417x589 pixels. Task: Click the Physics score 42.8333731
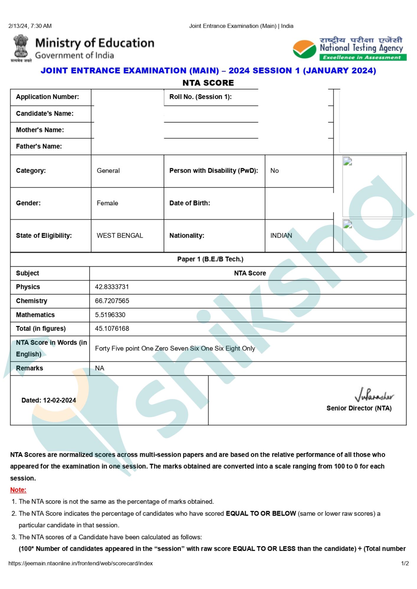[112, 287]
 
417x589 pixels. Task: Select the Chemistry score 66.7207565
[112, 301]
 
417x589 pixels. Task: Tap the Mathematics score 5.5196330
[110, 315]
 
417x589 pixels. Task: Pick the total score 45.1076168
[112, 328]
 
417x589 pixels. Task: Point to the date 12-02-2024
[59, 400]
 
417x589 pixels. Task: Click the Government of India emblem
[21, 48]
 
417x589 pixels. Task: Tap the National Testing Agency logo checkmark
[304, 49]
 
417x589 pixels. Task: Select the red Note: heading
[18, 490]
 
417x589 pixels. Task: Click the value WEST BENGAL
[120, 236]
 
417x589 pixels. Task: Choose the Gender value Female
[107, 203]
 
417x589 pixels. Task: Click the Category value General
[108, 171]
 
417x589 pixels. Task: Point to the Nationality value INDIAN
[281, 236]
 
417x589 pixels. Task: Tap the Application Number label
[47, 97]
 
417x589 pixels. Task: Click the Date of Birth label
[190, 203]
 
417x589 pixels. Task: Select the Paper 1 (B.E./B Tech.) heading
[210, 259]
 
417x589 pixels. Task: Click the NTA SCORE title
[208, 83]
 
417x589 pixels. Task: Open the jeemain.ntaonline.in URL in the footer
[81, 563]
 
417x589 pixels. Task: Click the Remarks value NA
[100, 368]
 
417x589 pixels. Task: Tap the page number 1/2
[405, 563]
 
